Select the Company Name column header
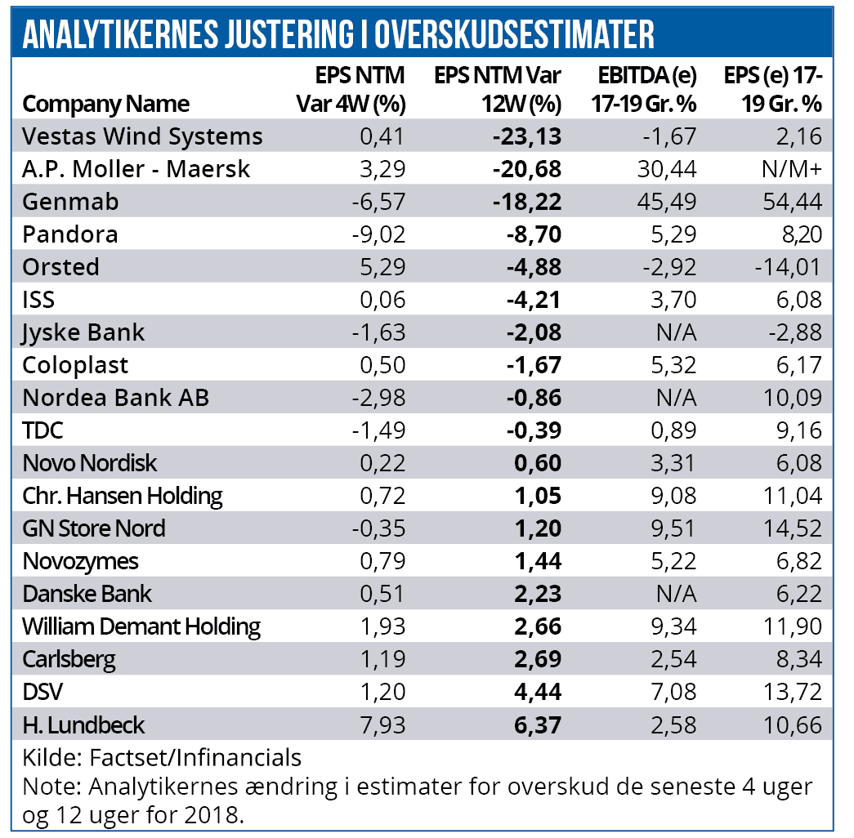pos(106,104)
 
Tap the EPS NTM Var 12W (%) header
pos(498,90)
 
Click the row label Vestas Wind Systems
pos(143,136)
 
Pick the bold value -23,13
pos(527,136)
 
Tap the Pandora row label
pos(71,234)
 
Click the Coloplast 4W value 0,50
pos(382,365)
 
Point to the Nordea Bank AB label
pos(116,398)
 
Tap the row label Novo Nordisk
pos(90,463)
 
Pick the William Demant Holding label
pos(141,626)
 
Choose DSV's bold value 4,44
pos(539,692)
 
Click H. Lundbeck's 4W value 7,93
pos(381,724)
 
